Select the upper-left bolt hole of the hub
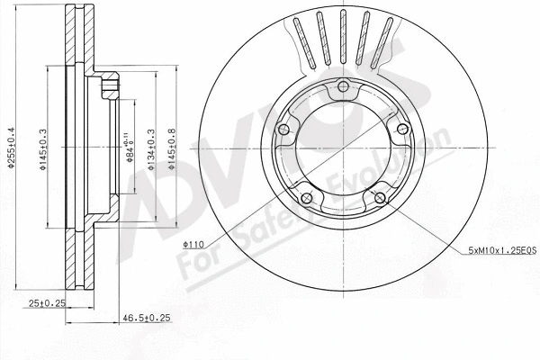pyautogui.click(x=285, y=131)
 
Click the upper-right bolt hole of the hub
pyautogui.click(x=400, y=131)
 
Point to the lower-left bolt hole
pyautogui.click(x=308, y=198)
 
